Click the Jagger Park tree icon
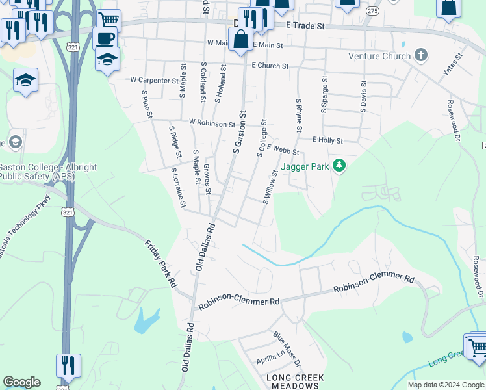click(338, 166)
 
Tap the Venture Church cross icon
click(421, 56)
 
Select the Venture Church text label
click(379, 56)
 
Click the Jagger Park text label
click(305, 166)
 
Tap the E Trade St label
click(305, 25)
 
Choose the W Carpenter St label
click(154, 80)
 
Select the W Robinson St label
click(212, 122)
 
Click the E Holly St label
click(327, 140)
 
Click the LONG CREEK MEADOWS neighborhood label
click(292, 382)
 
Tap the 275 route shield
click(372, 11)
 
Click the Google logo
click(21, 382)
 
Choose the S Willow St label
click(270, 187)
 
